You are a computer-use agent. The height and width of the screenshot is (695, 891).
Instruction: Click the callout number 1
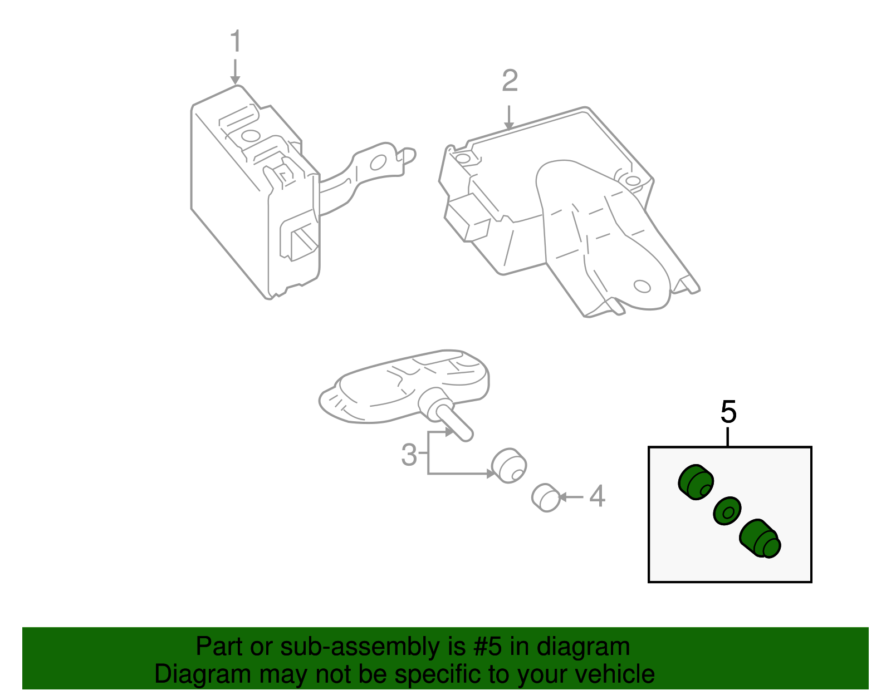pyautogui.click(x=236, y=42)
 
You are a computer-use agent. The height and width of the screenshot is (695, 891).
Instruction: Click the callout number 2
pyautogui.click(x=510, y=81)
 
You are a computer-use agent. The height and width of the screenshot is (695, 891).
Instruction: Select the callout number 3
pyautogui.click(x=409, y=455)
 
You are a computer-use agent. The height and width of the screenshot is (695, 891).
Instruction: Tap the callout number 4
pyautogui.click(x=597, y=496)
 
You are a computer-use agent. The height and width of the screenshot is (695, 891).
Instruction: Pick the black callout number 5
pyautogui.click(x=728, y=412)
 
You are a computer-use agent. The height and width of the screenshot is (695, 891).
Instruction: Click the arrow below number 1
pyautogui.click(x=236, y=72)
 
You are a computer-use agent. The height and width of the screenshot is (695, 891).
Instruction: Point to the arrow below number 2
pyautogui.click(x=509, y=118)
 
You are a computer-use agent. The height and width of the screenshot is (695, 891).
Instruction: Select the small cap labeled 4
pyautogui.click(x=546, y=497)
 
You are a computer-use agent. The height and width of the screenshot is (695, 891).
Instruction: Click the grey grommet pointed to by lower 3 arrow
pyautogui.click(x=509, y=465)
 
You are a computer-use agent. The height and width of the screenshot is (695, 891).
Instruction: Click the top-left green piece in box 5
pyautogui.click(x=696, y=482)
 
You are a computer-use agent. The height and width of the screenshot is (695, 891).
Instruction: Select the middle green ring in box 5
pyautogui.click(x=727, y=510)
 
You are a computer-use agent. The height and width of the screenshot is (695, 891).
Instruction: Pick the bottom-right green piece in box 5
pyautogui.click(x=760, y=538)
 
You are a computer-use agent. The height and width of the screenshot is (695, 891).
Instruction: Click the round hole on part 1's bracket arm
pyautogui.click(x=378, y=162)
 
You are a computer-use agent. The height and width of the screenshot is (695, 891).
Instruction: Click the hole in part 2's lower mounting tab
pyautogui.click(x=642, y=287)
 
